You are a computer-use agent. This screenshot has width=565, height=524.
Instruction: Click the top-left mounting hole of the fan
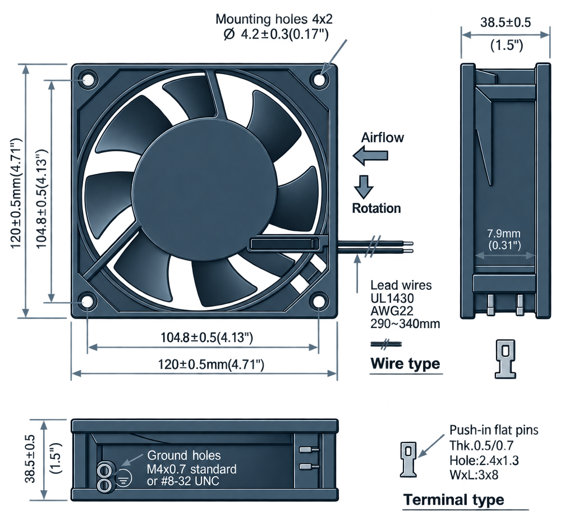(x=87, y=80)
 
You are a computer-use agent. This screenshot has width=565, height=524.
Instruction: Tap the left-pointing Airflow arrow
(x=370, y=156)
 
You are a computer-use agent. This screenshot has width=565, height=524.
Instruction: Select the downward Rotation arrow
(x=364, y=187)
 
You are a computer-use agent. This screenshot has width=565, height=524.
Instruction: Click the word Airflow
(x=382, y=138)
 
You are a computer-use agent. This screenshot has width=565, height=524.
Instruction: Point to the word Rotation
(x=376, y=208)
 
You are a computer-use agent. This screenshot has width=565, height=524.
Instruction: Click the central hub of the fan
(x=205, y=189)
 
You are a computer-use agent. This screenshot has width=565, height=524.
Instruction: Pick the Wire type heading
(x=405, y=363)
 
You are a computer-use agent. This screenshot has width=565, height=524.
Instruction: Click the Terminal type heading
(x=454, y=499)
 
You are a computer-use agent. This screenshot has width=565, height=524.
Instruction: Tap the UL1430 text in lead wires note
(x=387, y=298)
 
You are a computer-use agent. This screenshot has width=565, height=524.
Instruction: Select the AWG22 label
(x=387, y=311)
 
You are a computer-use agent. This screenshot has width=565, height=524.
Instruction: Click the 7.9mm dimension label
(x=503, y=233)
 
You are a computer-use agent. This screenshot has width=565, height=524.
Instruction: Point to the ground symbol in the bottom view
(x=123, y=478)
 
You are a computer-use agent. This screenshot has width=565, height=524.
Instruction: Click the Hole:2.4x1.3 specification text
(x=484, y=460)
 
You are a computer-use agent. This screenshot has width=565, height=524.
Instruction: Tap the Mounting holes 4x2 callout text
(x=274, y=19)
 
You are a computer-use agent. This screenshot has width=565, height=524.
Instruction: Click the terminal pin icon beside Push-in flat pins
(x=408, y=459)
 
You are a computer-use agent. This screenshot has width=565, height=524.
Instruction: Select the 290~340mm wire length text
(x=405, y=323)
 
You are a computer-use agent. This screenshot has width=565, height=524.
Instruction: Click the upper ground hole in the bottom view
(x=105, y=470)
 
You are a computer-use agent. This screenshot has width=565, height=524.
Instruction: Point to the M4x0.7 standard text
(x=191, y=469)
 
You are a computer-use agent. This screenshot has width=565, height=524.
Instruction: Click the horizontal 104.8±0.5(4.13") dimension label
(x=206, y=338)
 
